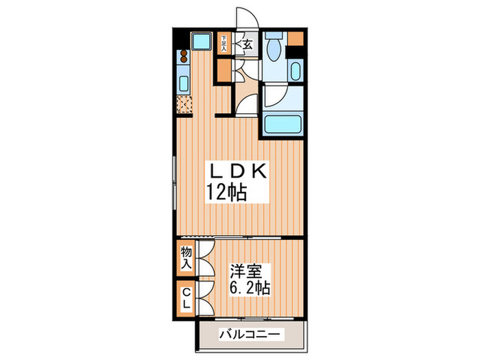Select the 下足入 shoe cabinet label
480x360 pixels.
(x=224, y=43)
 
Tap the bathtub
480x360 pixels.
(x=283, y=124)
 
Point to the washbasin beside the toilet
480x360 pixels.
(x=295, y=71)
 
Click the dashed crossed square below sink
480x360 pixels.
(x=184, y=104)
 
